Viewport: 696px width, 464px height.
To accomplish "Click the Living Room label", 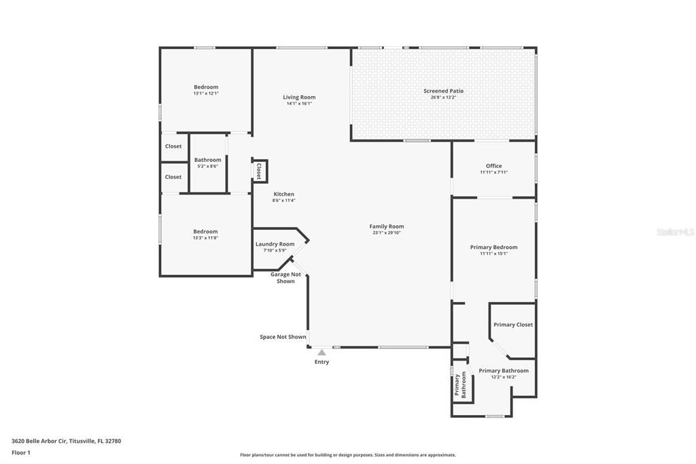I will pyautogui.click(x=299, y=97).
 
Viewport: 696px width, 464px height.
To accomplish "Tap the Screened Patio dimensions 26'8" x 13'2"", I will pyautogui.click(x=443, y=97).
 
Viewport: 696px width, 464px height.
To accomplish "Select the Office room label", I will pyautogui.click(x=493, y=166).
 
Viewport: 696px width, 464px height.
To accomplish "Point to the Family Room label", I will pyautogui.click(x=387, y=227).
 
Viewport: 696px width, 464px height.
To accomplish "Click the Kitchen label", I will pyautogui.click(x=283, y=194).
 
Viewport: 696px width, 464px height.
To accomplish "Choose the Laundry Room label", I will pyautogui.click(x=275, y=244).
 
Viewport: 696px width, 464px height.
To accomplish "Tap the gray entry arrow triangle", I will pyautogui.click(x=321, y=352).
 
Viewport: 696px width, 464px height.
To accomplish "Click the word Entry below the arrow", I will pyautogui.click(x=321, y=362).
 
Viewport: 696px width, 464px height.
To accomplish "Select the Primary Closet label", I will pyautogui.click(x=513, y=325).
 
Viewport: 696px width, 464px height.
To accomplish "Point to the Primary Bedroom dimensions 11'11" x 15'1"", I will pyautogui.click(x=493, y=254).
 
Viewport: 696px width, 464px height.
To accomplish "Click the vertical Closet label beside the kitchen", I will pyautogui.click(x=259, y=171).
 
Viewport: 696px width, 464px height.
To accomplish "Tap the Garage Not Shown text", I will pyautogui.click(x=285, y=278).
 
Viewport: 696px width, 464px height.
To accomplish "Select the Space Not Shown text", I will pyautogui.click(x=283, y=337).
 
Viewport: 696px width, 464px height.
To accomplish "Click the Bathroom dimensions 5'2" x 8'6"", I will pyautogui.click(x=207, y=166).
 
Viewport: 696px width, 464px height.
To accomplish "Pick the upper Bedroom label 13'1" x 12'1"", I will pyautogui.click(x=206, y=87).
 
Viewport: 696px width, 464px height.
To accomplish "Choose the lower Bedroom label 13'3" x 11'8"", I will pyautogui.click(x=205, y=231).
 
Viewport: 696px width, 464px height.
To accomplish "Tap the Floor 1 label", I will pyautogui.click(x=20, y=452).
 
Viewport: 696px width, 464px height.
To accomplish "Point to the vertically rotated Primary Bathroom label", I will pyautogui.click(x=461, y=385).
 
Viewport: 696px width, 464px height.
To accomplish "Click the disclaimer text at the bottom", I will pyautogui.click(x=347, y=455).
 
